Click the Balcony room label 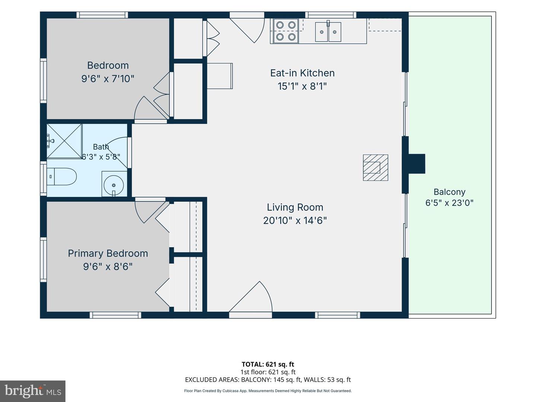point(449,192)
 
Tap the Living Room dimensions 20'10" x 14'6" point(295,220)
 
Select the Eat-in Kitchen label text point(302,73)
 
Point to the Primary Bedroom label point(108,253)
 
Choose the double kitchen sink point(328,32)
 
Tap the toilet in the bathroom point(61,176)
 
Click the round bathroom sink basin point(114,185)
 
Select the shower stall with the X point(64,141)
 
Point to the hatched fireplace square point(375,167)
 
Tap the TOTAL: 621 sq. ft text point(268,364)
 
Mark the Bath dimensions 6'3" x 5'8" point(100,156)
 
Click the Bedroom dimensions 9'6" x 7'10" point(108,79)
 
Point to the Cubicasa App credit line point(268,391)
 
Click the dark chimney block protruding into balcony point(417,164)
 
